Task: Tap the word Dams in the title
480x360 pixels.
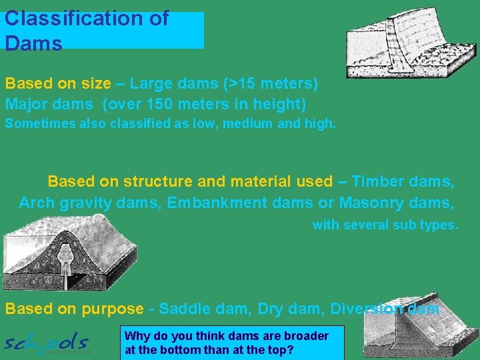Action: point(33,44)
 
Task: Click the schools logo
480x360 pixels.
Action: point(47,343)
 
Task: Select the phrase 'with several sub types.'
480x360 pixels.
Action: point(385,225)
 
